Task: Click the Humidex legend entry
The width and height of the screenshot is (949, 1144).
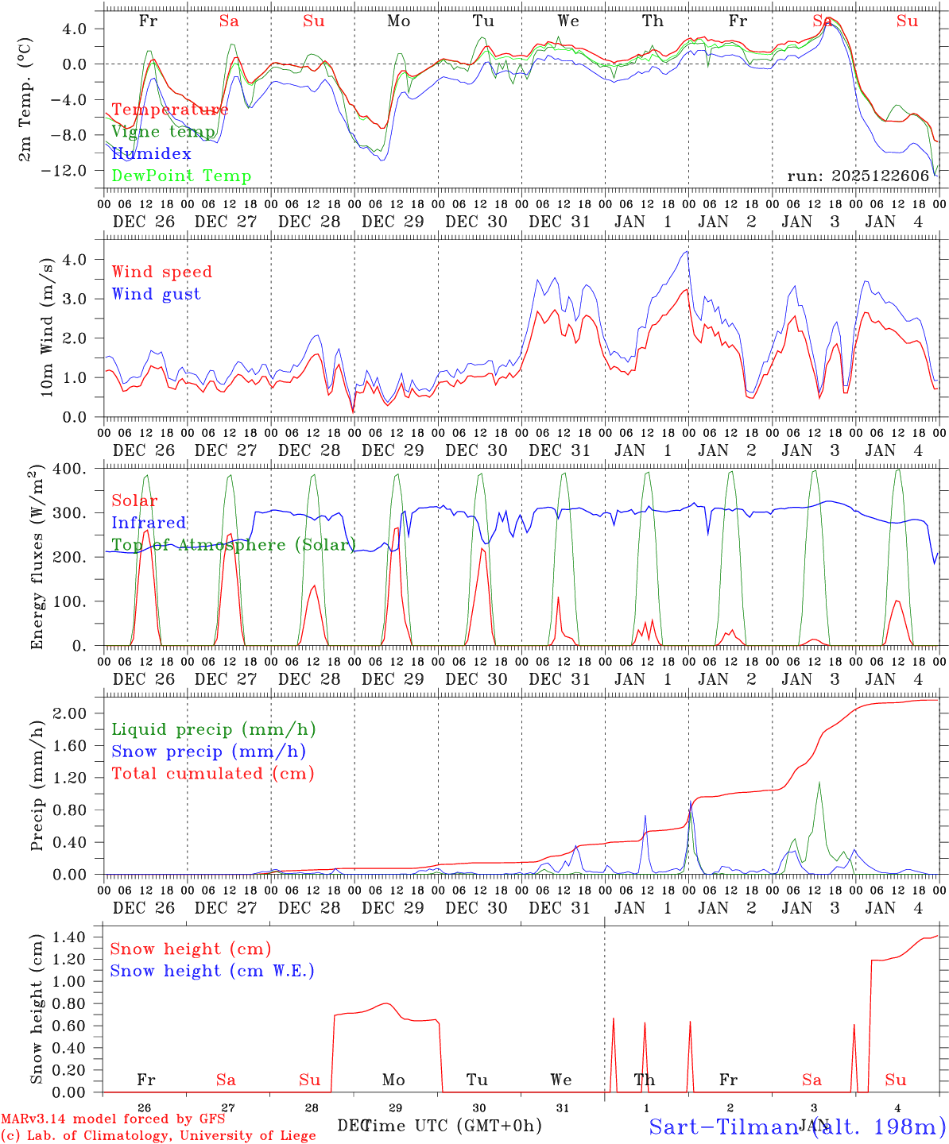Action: point(151,153)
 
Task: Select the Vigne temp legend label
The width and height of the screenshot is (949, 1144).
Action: point(163,132)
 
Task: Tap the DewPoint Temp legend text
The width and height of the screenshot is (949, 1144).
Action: point(181,176)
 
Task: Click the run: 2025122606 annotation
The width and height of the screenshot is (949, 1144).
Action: point(858,176)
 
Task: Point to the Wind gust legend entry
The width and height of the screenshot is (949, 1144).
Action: point(156,294)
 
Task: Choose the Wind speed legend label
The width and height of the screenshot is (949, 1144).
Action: point(162,272)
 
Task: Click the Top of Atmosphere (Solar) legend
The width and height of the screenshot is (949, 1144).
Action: point(234,545)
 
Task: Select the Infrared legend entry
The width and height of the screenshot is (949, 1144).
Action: point(149,523)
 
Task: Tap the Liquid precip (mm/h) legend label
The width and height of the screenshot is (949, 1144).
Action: point(214,729)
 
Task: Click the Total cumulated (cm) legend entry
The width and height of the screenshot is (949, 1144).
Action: point(213,773)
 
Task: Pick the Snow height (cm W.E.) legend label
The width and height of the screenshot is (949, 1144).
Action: point(212,971)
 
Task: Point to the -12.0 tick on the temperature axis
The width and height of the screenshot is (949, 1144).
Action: point(79,171)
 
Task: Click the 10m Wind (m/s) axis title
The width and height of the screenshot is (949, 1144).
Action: point(47,327)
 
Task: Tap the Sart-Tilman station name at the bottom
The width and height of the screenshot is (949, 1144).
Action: point(796,1126)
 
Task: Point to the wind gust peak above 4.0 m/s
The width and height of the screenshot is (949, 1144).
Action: point(685,252)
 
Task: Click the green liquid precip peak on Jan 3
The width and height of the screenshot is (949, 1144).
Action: point(819,783)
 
